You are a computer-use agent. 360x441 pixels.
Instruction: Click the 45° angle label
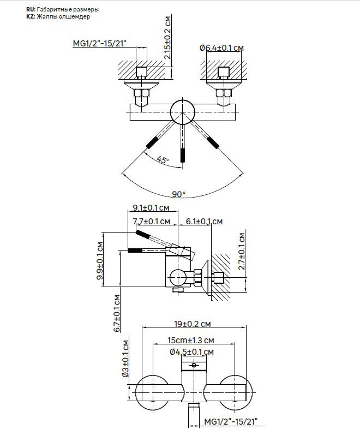click(x=163, y=160)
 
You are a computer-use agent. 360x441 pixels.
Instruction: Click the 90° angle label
click(x=179, y=194)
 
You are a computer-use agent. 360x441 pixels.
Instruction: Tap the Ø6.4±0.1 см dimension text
click(x=222, y=48)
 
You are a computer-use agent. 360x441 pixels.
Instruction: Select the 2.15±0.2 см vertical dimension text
click(x=167, y=38)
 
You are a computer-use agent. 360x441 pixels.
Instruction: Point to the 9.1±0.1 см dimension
click(x=151, y=208)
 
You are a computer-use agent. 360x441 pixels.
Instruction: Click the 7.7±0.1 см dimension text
click(x=152, y=222)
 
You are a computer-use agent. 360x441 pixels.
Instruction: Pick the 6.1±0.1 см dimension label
click(x=205, y=222)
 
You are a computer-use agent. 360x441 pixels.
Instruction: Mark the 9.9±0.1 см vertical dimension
click(x=100, y=261)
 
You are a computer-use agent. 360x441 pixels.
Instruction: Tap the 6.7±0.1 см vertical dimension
click(x=117, y=313)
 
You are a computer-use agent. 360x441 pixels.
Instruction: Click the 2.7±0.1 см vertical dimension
click(x=242, y=251)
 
